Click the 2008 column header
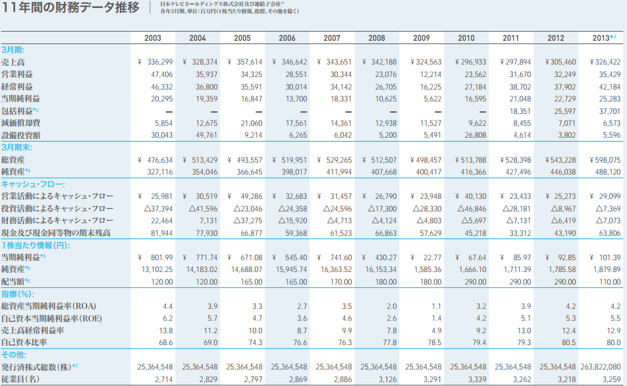pos(377,38)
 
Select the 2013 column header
pos(605,38)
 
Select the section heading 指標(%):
pos(18,294)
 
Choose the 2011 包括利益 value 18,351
pos(518,111)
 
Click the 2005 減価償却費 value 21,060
pos(249,123)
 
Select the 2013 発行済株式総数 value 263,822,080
pos(600,367)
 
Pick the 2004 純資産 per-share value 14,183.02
pos(200,269)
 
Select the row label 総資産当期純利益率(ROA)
pos(49,306)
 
